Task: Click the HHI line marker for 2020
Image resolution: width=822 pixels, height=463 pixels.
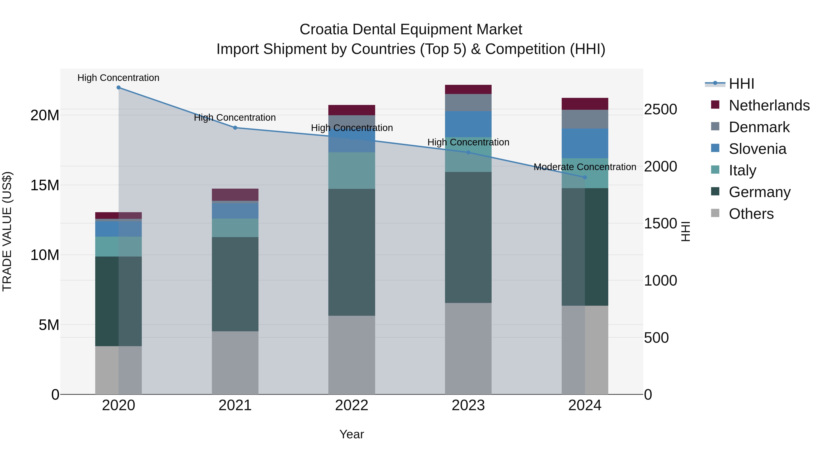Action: pyautogui.click(x=118, y=88)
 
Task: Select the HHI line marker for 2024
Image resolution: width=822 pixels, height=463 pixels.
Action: pyautogui.click(x=585, y=177)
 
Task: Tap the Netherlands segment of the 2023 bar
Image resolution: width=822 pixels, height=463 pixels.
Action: pyautogui.click(x=468, y=89)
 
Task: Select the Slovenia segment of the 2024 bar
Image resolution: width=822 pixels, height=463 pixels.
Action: pyautogui.click(x=585, y=143)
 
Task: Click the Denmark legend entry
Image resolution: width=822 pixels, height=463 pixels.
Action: pyautogui.click(x=759, y=127)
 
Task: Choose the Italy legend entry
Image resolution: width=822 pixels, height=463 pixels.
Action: pyautogui.click(x=742, y=170)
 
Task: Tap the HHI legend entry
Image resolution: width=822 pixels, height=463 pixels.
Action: pyautogui.click(x=741, y=84)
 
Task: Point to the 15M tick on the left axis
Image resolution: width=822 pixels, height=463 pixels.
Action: pyautogui.click(x=45, y=185)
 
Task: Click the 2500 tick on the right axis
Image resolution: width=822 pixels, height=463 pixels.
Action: pyautogui.click(x=660, y=109)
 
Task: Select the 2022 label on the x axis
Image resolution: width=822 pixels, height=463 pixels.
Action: pyautogui.click(x=352, y=405)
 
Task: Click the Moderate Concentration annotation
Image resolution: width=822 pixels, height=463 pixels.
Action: pyautogui.click(x=585, y=167)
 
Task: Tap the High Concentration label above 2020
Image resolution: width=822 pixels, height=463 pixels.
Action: pyautogui.click(x=118, y=78)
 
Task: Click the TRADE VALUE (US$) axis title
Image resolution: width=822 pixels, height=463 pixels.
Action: pyautogui.click(x=7, y=231)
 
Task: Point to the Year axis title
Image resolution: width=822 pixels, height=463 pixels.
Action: pyautogui.click(x=352, y=434)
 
